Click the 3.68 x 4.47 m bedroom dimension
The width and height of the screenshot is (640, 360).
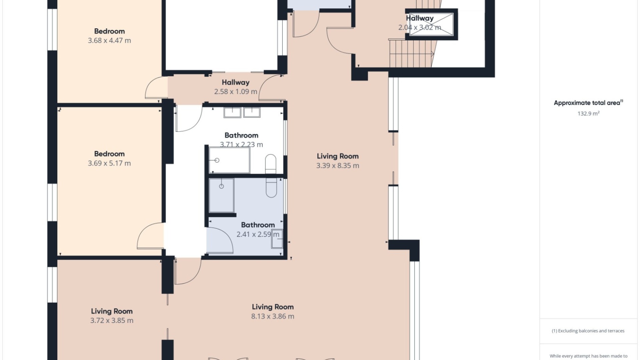(109, 41)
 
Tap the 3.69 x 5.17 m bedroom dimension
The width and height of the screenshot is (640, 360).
(109, 163)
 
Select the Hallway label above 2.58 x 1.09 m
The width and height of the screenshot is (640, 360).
(236, 82)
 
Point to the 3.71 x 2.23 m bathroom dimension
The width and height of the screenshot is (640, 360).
(241, 145)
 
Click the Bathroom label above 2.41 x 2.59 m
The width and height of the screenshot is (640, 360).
(258, 225)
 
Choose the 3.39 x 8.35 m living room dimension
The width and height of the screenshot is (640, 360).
(338, 166)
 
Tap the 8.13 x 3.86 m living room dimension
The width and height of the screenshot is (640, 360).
(273, 316)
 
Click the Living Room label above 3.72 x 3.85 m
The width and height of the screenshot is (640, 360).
(112, 311)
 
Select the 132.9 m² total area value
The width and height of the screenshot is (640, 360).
(588, 113)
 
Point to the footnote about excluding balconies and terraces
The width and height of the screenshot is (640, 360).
(588, 331)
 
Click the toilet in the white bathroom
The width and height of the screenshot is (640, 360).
(271, 164)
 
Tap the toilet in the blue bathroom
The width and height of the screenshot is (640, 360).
(271, 188)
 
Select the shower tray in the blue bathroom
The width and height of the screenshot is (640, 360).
(221, 195)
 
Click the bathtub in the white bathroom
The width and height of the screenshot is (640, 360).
(229, 160)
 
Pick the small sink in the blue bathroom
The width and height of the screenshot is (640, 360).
(277, 239)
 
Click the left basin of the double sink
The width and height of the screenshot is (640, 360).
(232, 112)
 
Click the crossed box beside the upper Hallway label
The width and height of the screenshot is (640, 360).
(431, 24)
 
